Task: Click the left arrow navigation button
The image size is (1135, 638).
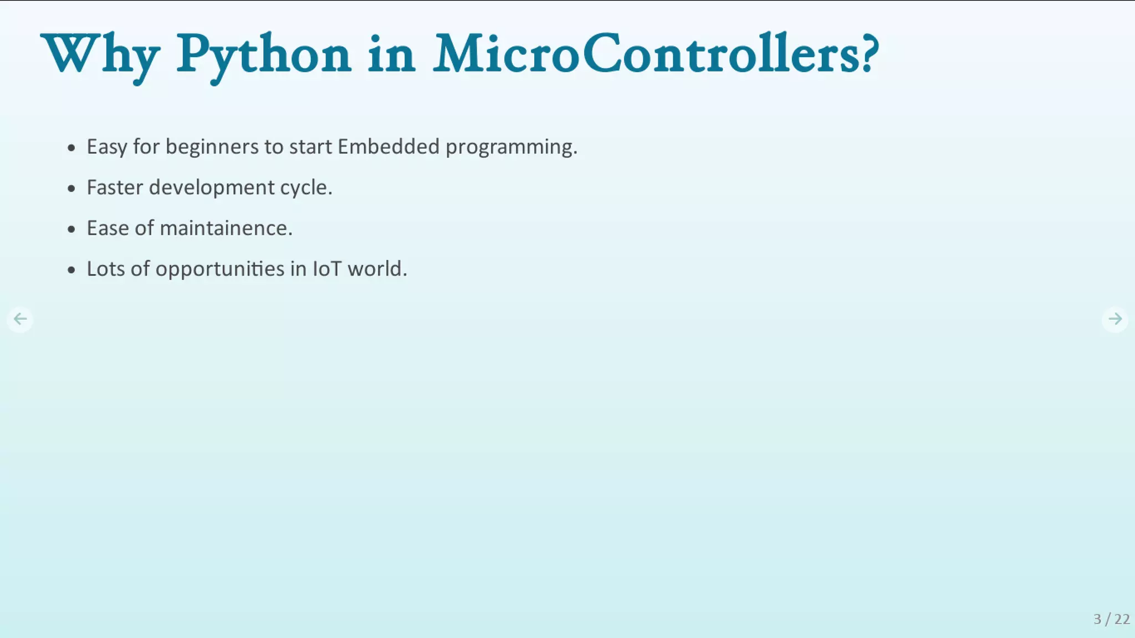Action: pos(20,319)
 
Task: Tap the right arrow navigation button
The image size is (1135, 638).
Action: pos(1114,319)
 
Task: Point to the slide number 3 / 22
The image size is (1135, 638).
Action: pos(1111,619)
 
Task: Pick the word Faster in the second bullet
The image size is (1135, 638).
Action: pos(115,187)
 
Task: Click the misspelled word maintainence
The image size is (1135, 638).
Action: pos(225,228)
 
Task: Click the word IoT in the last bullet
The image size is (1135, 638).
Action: pos(327,269)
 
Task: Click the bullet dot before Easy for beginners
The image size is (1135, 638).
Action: pos(71,148)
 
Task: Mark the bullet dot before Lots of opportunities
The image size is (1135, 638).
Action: pos(71,270)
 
